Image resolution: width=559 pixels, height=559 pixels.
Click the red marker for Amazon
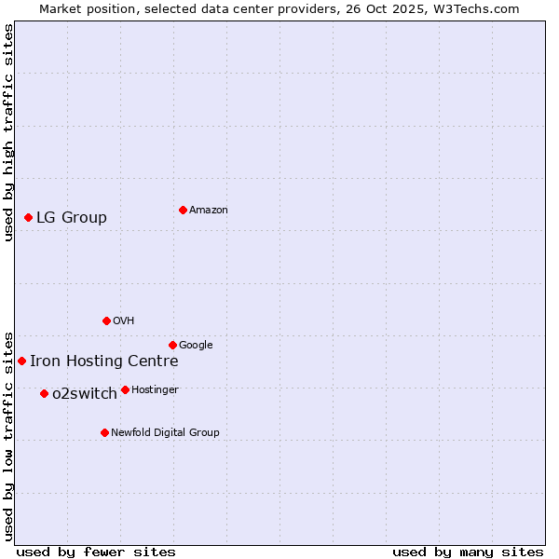[183, 210]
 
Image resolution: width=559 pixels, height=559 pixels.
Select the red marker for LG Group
[28, 217]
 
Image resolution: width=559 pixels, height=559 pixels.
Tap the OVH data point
[106, 320]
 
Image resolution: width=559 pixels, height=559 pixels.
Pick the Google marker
[172, 345]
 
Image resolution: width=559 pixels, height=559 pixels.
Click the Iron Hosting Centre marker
[21, 361]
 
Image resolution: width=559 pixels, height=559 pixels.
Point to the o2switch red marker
[44, 393]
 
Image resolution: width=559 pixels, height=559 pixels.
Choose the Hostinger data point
[125, 389]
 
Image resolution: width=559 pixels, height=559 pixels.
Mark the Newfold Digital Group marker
[104, 432]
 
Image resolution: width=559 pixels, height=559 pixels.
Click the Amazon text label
[209, 211]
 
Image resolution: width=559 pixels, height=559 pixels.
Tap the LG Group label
[72, 218]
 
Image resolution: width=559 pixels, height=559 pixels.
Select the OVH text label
[124, 321]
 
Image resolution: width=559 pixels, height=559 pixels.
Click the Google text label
[196, 346]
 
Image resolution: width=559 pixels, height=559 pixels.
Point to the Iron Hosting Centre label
[103, 361]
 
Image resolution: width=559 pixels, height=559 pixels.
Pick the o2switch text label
[85, 394]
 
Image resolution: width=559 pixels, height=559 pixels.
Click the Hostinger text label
[155, 390]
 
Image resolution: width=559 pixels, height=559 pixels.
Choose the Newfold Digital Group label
[165, 433]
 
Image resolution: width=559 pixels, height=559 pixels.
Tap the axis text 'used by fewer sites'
[96, 552]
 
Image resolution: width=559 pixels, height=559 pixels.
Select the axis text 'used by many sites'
[468, 552]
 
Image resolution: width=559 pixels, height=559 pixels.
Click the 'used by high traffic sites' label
[9, 132]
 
